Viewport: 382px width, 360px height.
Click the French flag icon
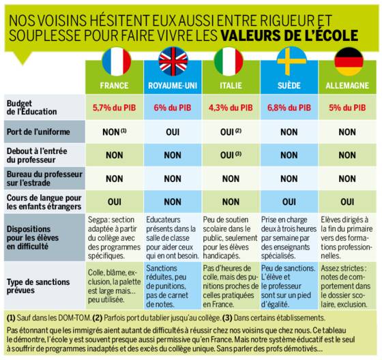tap(117, 61)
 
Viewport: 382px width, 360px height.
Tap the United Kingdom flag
tap(173, 61)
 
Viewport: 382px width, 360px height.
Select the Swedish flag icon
tap(292, 61)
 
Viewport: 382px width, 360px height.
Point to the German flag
tap(349, 61)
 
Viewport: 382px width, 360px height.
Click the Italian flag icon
tap(229, 61)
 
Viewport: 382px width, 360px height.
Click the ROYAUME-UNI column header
tap(173, 85)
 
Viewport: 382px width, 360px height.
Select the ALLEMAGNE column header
tap(347, 85)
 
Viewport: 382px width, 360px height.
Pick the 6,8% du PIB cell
tap(289, 108)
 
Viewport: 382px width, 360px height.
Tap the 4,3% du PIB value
tap(231, 108)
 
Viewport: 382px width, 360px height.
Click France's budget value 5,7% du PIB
tap(115, 108)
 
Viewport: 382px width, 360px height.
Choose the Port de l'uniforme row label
tap(38, 132)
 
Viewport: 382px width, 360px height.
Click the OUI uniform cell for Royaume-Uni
tap(173, 132)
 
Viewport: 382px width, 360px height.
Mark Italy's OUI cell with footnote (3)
tap(231, 155)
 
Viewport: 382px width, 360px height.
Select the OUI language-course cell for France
tap(115, 202)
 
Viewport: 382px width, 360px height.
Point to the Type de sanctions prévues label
tap(38, 286)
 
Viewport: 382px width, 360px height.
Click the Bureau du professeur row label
tap(44, 178)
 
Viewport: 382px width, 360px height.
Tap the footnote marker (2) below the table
tap(97, 318)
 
